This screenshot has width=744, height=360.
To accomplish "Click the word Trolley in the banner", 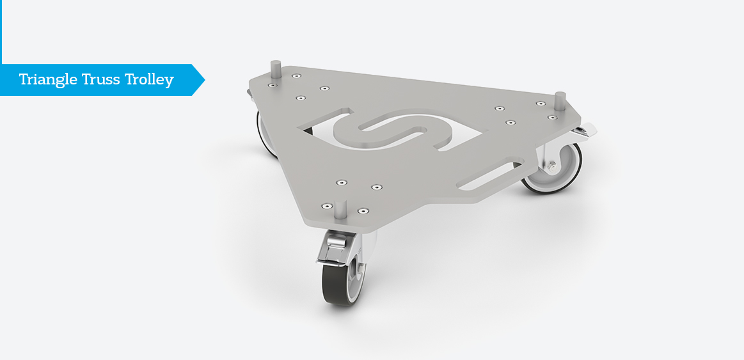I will [x=149, y=80].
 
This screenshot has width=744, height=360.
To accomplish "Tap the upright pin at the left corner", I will [x=275, y=67].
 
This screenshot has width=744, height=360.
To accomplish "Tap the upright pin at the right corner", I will [x=559, y=101].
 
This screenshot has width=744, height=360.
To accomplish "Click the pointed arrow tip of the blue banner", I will [x=199, y=80].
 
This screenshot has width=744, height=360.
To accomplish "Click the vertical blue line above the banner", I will [x=1, y=32].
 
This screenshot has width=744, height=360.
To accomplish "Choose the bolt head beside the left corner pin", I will [x=272, y=85].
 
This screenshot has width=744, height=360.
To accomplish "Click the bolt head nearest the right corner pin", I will [x=551, y=118].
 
